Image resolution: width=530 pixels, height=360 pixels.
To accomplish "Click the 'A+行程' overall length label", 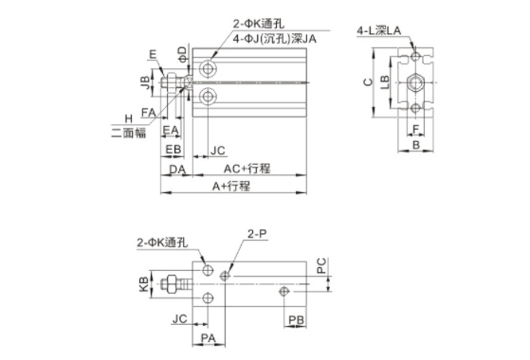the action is (231, 186).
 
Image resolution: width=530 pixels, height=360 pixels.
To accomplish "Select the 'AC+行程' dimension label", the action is (247, 169).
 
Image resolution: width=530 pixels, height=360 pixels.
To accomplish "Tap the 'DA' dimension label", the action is (177, 170).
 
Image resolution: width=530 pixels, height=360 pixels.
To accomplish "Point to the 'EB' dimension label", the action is (174, 150).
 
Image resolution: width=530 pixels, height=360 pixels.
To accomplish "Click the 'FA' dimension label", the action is (149, 113).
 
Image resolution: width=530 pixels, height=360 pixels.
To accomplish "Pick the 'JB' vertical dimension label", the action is (145, 82).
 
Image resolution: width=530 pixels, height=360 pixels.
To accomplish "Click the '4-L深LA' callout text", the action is (379, 30).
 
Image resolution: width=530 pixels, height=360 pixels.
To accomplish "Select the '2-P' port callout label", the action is (257, 233).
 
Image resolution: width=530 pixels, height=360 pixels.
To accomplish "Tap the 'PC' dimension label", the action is (321, 265).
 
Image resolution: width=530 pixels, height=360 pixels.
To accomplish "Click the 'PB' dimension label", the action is (296, 320).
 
